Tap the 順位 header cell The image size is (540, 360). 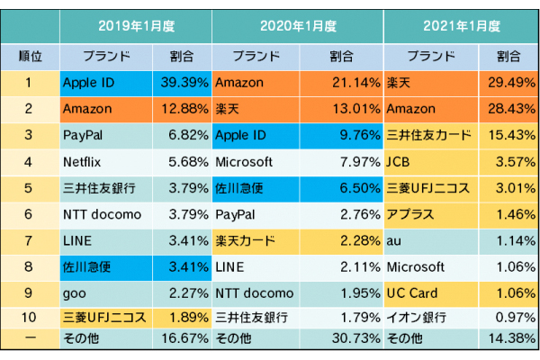pos(30,56)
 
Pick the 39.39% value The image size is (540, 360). pos(185,83)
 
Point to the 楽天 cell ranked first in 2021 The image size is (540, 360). pos(428,83)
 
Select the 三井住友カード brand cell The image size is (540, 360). pos(428,136)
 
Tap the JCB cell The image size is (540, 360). pos(428,162)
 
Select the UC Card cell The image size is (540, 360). pos(428,293)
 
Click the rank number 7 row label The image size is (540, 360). pos(30,241)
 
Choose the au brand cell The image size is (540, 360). pos(428,241)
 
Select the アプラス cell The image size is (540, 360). pos(428,215)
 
